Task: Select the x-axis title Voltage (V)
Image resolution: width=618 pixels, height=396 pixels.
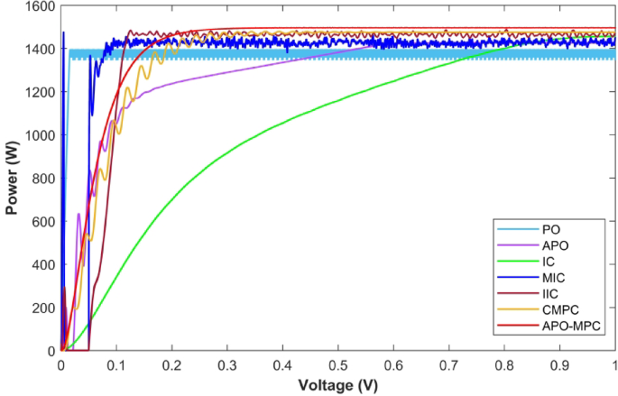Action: coord(337,385)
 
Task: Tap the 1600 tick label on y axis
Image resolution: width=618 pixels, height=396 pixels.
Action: coord(40,6)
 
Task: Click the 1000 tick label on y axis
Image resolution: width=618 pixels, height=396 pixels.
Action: coord(40,135)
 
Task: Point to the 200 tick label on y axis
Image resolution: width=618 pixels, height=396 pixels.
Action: coord(42,308)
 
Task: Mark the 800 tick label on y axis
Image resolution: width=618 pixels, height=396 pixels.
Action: coord(42,179)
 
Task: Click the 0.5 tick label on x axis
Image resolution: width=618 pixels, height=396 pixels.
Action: coord(337,365)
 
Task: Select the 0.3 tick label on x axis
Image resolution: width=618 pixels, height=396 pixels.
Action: coord(226,365)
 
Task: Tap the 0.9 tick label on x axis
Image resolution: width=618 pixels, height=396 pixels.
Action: coord(559,365)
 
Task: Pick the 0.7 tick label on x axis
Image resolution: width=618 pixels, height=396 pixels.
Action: coord(448,365)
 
